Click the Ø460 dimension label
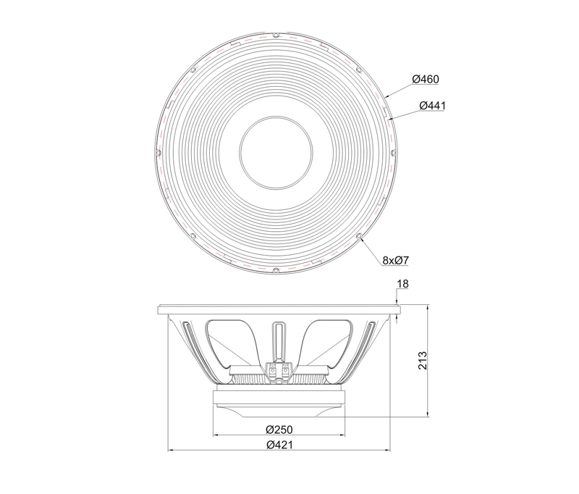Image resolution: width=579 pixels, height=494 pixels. [426, 79]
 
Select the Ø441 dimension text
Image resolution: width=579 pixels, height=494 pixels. [432, 106]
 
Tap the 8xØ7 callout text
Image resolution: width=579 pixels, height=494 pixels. [396, 261]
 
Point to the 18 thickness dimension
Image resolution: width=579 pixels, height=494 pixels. [403, 284]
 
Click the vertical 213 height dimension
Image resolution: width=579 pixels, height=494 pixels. [423, 361]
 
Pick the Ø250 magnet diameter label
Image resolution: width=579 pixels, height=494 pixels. [279, 430]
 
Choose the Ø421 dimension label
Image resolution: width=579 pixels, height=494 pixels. [279, 445]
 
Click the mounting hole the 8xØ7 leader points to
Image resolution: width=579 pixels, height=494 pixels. [359, 236]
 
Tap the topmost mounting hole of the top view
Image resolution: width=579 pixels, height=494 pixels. [276, 35]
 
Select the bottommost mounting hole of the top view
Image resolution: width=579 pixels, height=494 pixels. [276, 271]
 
